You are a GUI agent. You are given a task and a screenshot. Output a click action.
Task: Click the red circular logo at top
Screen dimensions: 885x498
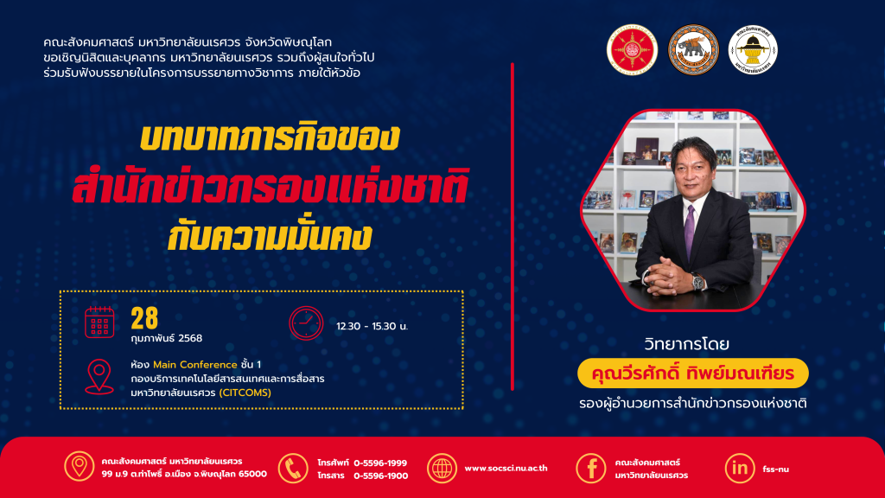[632, 49]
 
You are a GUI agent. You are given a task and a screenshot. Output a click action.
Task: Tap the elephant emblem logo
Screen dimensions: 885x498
[693, 49]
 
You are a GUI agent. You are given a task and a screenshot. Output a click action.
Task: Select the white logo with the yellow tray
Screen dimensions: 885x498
[753, 49]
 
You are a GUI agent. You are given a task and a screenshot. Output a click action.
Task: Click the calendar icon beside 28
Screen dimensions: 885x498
[99, 322]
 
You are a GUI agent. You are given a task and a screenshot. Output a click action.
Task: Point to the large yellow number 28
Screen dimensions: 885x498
[144, 318]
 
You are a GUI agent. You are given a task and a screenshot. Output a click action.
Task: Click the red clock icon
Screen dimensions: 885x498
[306, 323]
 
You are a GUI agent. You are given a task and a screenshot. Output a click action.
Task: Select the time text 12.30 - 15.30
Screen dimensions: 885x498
[366, 326]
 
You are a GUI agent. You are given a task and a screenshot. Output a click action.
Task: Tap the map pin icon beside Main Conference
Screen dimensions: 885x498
[99, 377]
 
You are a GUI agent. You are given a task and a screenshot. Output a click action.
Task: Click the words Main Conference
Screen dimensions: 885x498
[195, 365]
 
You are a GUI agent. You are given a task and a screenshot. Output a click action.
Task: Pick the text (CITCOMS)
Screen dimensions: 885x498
[245, 393]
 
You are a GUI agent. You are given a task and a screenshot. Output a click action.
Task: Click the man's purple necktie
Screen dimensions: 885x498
[690, 232]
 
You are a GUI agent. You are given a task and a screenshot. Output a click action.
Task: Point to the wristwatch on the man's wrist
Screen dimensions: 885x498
[698, 281]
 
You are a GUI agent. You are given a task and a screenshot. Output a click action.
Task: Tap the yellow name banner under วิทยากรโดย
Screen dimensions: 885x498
[693, 373]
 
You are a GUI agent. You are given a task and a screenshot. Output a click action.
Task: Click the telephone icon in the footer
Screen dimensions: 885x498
[292, 468]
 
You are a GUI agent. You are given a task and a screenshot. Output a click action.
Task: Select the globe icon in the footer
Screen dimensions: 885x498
[442, 468]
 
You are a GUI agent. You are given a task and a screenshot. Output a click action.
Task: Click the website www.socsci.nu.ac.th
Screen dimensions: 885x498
[506, 468]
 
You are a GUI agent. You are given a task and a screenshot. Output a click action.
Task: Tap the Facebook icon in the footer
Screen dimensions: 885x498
[591, 468]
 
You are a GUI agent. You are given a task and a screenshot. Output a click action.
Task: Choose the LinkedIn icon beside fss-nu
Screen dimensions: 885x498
[740, 468]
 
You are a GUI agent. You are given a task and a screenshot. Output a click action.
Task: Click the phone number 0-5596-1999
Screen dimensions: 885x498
[380, 463]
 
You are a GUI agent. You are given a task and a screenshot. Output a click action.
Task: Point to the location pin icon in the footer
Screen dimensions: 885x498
[79, 466]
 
